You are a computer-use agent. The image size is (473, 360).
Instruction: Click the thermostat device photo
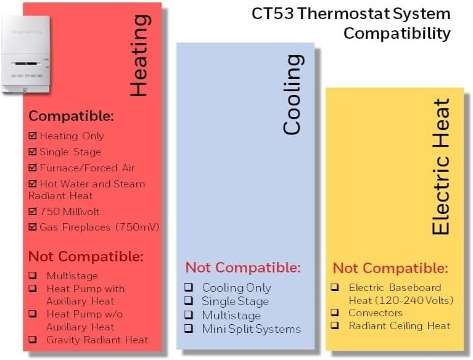pos(26,54)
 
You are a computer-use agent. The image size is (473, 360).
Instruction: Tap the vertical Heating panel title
pos(139,55)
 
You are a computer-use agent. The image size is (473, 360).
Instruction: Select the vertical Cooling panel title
pos(292,94)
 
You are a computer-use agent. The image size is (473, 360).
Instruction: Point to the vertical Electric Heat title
pos(440,166)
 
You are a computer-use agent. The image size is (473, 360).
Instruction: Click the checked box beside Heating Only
pos(33,136)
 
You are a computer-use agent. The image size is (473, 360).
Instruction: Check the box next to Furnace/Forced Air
pos(33,167)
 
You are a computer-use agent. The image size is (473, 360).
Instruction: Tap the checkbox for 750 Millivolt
pos(33,211)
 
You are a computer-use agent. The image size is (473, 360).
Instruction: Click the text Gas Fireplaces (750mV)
pos(99,227)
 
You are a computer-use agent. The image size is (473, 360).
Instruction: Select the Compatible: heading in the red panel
pos(71,116)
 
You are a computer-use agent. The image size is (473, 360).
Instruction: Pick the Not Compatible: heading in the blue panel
pos(243,268)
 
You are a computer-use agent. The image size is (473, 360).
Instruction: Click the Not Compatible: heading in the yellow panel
pos(390,268)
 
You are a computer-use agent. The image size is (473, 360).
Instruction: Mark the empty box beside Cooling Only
pos(189,287)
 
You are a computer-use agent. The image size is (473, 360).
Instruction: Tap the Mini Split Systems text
pos(251,329)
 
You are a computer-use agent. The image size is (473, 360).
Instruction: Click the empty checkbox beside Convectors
pos(335,312)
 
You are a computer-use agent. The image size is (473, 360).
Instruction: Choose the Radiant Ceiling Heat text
pos(400,325)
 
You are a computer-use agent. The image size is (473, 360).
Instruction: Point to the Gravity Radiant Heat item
pos(97,340)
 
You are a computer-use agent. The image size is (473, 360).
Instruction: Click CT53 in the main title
pos(273,14)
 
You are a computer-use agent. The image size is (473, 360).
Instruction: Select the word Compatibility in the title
pos(397,33)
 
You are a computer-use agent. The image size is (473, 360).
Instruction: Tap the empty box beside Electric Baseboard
pos(335,287)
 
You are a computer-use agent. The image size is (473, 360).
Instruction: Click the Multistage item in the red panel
pos(72,276)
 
